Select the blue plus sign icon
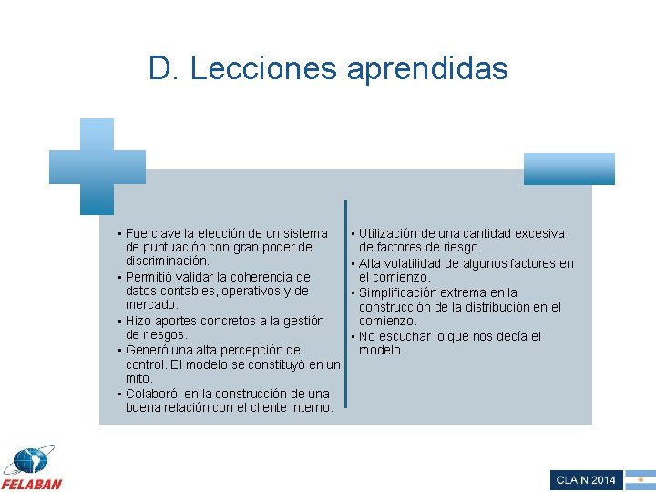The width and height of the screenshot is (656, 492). [x=97, y=166]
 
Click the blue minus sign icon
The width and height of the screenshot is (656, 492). [x=569, y=169]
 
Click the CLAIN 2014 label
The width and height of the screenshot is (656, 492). [x=586, y=479]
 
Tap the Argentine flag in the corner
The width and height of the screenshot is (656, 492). [x=641, y=479]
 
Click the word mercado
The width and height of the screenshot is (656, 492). [x=151, y=305]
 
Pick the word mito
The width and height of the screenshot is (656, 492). [x=139, y=378]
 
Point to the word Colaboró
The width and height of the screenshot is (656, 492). [x=151, y=394]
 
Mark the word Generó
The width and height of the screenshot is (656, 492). [x=148, y=350]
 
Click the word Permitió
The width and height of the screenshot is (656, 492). [x=152, y=277]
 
